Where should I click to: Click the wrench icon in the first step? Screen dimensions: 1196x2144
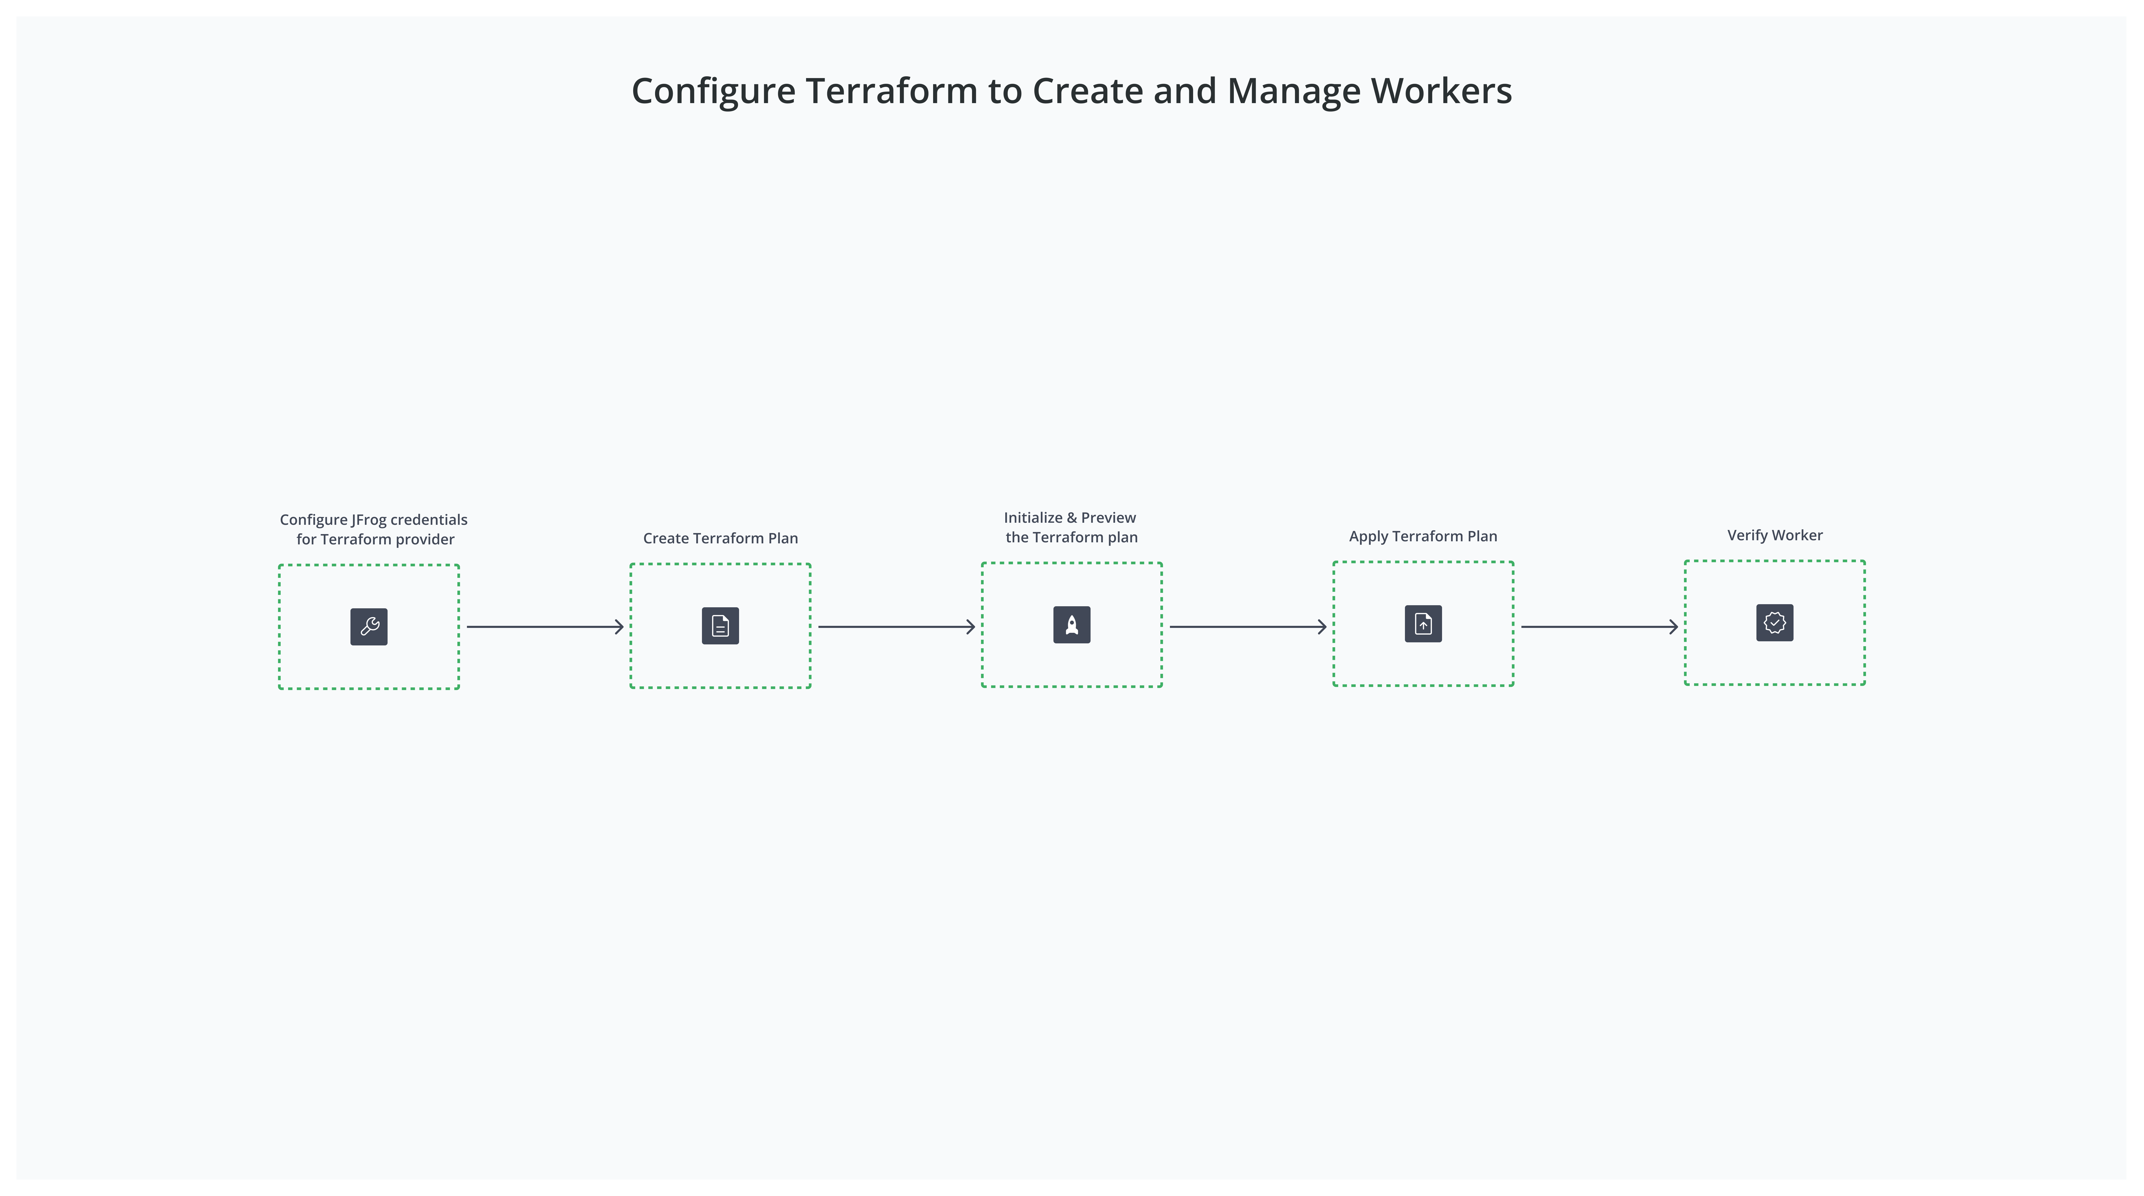click(369, 627)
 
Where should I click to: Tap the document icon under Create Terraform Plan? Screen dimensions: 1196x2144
click(720, 626)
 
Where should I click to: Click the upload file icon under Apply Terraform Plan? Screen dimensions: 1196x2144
click(1423, 624)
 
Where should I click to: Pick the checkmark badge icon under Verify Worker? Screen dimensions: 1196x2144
click(1774, 622)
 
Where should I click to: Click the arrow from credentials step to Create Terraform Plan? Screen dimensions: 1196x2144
click(545, 627)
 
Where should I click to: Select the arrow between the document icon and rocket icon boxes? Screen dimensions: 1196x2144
click(897, 627)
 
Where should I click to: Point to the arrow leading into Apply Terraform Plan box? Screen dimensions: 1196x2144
click(1247, 627)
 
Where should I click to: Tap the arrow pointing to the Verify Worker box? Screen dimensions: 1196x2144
click(1599, 627)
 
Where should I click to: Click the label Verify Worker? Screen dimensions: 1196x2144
click(1774, 535)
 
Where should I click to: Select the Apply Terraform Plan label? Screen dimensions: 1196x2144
click(1422, 536)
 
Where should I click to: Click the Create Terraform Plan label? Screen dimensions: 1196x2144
click(720, 538)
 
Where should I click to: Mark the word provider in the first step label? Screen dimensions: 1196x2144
click(424, 539)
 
